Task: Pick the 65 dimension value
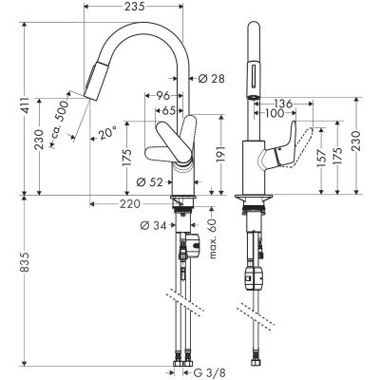(167, 110)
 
